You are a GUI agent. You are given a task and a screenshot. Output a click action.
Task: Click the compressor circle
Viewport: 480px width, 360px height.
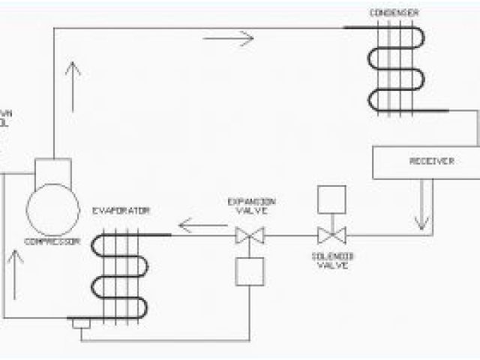click(52, 208)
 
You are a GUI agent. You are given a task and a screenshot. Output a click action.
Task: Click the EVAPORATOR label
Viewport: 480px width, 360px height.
click(121, 211)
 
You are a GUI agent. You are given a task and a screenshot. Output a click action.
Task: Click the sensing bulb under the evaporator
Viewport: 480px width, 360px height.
click(78, 323)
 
